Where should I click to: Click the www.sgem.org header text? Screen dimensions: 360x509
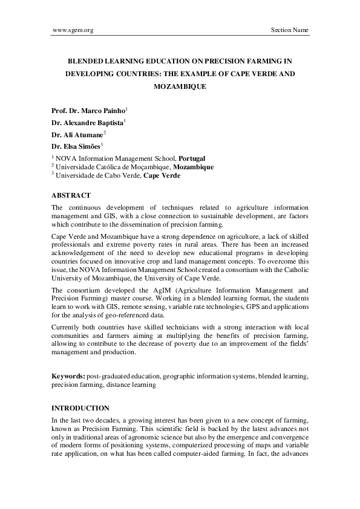73,30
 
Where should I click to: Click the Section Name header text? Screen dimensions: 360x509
289,30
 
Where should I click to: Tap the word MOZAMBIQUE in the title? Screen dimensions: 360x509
180,86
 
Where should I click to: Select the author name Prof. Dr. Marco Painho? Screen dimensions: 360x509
88,111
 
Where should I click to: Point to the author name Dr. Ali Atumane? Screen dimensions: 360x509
77,134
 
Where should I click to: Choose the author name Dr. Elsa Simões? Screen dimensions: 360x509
76,146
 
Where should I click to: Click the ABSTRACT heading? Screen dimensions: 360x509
71,195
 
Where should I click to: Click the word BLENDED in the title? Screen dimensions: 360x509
85,61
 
